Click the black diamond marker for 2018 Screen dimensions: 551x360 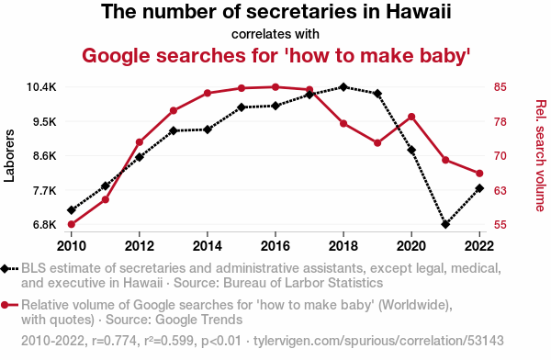tap(343, 87)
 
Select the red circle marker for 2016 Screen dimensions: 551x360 tap(275, 87)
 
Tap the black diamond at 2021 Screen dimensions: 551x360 tap(445, 224)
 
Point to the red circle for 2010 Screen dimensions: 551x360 tap(72, 224)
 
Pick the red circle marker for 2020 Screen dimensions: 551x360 tap(411, 117)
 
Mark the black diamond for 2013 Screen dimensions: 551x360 tap(174, 130)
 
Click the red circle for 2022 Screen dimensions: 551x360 tap(479, 174)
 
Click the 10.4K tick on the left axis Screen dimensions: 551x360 tap(41, 87)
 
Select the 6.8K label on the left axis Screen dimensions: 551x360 tap(45, 224)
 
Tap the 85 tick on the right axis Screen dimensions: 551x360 tap(500, 87)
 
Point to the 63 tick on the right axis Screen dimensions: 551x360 tap(500, 190)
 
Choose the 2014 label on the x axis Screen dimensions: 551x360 tap(208, 246)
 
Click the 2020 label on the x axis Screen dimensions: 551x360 tap(411, 246)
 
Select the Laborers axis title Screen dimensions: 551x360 tap(9, 156)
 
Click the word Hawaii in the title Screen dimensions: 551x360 tap(418, 12)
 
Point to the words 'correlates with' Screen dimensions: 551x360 tap(275, 34)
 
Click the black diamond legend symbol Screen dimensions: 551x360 tap(9, 269)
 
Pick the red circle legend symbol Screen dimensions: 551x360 tap(9, 305)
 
